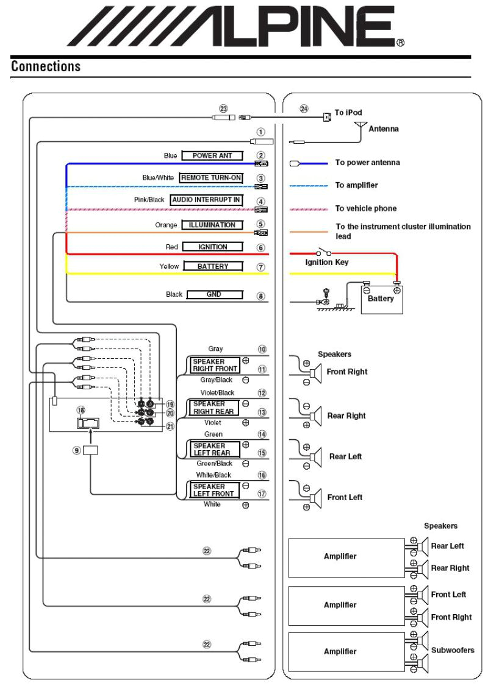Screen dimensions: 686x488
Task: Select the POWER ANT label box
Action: pyautogui.click(x=212, y=155)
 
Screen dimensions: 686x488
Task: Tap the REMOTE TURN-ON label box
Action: pyautogui.click(x=211, y=177)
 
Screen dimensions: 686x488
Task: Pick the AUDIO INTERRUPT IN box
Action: pyautogui.click(x=206, y=199)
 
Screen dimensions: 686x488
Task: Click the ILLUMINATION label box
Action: pyautogui.click(x=212, y=225)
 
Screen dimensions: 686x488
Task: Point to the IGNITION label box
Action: pyautogui.click(x=212, y=247)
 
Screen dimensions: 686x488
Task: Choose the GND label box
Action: pyautogui.click(x=214, y=294)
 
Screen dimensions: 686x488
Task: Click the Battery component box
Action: pyautogui.click(x=381, y=299)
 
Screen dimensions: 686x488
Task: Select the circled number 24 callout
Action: pyautogui.click(x=304, y=108)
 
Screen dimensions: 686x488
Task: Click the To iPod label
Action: pyautogui.click(x=348, y=113)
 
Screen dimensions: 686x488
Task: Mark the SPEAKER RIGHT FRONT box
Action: pyautogui.click(x=215, y=365)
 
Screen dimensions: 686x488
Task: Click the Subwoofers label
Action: pyautogui.click(x=452, y=650)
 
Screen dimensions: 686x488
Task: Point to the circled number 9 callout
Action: pyautogui.click(x=76, y=450)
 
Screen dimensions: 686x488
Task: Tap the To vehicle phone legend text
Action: pyautogui.click(x=366, y=208)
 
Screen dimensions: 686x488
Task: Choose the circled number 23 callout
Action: pyautogui.click(x=223, y=108)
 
